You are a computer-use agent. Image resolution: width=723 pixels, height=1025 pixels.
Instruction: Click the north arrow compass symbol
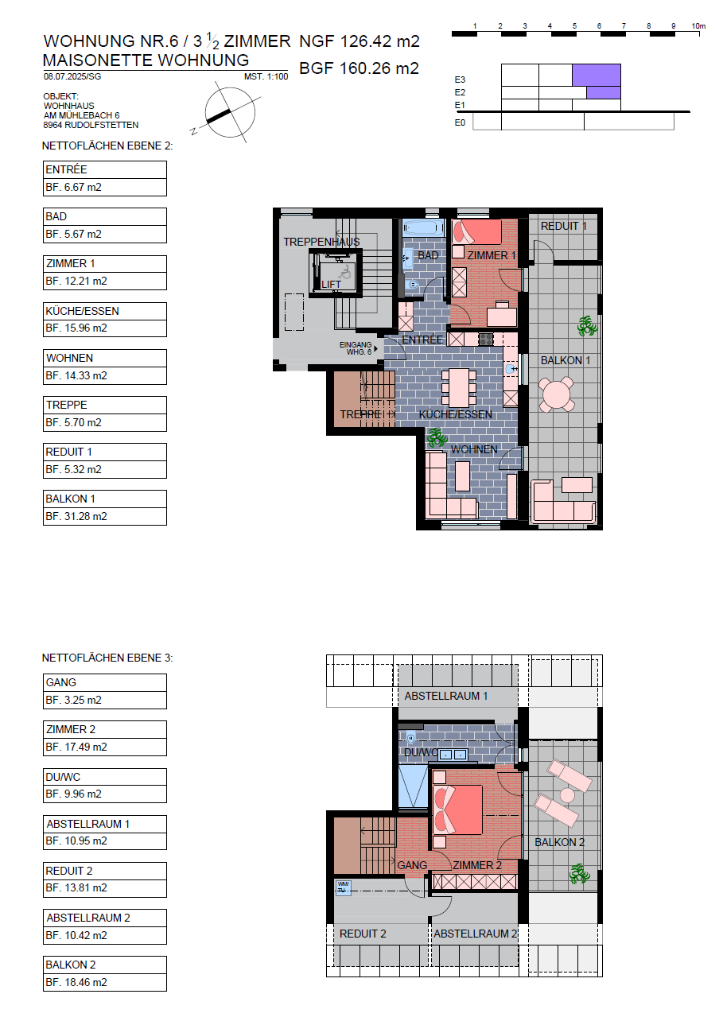(x=230, y=113)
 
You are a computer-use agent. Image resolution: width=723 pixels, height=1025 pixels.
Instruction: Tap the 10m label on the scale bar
(x=698, y=26)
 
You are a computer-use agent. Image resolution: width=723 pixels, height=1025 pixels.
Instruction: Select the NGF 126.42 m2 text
(x=360, y=41)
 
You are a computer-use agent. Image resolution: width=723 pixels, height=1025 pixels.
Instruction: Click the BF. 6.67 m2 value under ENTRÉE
(x=73, y=187)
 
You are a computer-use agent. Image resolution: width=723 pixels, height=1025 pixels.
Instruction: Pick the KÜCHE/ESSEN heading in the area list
(x=82, y=311)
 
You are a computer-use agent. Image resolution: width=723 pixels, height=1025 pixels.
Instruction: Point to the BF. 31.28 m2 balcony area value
(x=76, y=517)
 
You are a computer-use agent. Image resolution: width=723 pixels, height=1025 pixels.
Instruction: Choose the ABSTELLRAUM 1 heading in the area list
(x=87, y=824)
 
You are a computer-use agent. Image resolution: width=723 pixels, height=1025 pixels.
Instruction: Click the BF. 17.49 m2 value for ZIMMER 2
(x=76, y=747)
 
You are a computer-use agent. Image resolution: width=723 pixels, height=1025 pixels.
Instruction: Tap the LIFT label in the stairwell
(x=331, y=284)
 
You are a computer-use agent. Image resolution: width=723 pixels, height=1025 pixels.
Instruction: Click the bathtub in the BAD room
(x=424, y=227)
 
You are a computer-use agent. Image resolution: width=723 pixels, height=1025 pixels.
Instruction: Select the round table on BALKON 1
(x=557, y=394)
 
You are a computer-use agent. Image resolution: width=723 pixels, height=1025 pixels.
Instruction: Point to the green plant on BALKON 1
(x=587, y=326)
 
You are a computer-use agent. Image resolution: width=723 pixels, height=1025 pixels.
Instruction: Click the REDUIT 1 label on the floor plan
(x=563, y=226)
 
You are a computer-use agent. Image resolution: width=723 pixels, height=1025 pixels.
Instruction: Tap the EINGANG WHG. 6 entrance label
(x=356, y=348)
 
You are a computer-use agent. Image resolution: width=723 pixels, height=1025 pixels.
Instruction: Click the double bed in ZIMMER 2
(x=458, y=810)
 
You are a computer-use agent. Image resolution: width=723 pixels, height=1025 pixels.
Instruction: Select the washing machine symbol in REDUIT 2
(x=343, y=887)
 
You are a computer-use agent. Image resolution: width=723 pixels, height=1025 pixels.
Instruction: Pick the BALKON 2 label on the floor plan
(x=560, y=842)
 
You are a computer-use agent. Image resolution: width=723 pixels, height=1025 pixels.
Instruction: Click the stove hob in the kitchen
(x=486, y=339)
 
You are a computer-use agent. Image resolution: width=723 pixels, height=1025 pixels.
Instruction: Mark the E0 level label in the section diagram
(x=460, y=122)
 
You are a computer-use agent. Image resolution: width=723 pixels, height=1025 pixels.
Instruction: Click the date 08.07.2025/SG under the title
(x=72, y=76)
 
